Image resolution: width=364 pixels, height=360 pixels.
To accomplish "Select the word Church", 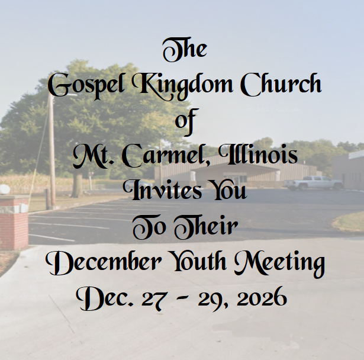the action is tap(281, 85).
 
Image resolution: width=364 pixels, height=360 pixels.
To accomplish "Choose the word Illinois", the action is tap(258, 154).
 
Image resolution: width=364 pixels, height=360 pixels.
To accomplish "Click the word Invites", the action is tap(163, 190).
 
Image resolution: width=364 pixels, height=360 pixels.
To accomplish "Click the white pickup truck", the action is tap(313, 183).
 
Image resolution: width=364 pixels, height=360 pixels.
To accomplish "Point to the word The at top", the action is tap(185, 50).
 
